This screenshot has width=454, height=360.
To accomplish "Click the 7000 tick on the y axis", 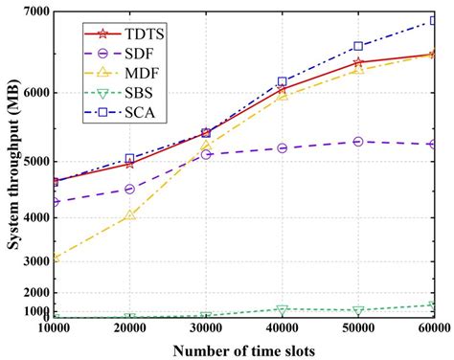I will point(36,12).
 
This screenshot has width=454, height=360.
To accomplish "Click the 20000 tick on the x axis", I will point(130,328).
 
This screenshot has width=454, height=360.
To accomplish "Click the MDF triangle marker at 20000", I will point(130,216).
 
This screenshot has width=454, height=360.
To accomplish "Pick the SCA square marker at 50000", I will point(358,46).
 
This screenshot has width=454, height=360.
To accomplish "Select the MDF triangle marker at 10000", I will point(55,258).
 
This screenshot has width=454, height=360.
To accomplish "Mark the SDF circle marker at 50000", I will point(358,142).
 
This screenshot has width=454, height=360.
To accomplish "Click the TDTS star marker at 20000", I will point(130,164).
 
